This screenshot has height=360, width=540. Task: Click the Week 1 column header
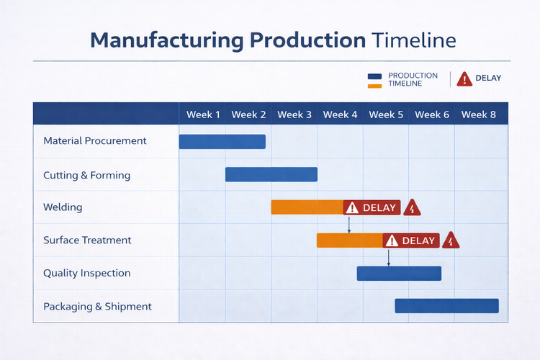[x=203, y=114]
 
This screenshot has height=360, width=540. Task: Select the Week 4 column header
[x=340, y=114]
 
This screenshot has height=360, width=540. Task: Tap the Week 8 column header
[x=478, y=114]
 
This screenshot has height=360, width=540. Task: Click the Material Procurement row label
[x=94, y=141]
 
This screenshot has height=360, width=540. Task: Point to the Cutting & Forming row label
[x=86, y=176]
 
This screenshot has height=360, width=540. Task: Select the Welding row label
[x=63, y=207]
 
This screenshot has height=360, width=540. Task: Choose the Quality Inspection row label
[x=86, y=274]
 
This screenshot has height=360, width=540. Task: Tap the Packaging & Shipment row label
[x=97, y=307]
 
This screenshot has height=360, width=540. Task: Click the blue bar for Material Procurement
[x=222, y=142]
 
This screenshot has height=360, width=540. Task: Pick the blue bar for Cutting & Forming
[x=271, y=174]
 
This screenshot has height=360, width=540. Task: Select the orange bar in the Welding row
[x=307, y=207]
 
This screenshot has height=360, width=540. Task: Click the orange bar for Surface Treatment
[x=349, y=240]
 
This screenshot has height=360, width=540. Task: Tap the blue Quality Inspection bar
[x=399, y=274]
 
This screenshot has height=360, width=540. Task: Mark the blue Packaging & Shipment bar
[x=446, y=306]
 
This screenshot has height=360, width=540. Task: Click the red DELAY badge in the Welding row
[x=372, y=208]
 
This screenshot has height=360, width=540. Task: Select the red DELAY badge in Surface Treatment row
[x=410, y=240]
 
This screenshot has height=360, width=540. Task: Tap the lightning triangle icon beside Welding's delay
[x=412, y=208]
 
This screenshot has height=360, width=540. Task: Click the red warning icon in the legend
[x=464, y=79]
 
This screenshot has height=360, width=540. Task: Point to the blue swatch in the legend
[x=374, y=76]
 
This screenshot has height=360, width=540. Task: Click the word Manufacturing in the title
[x=166, y=40]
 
